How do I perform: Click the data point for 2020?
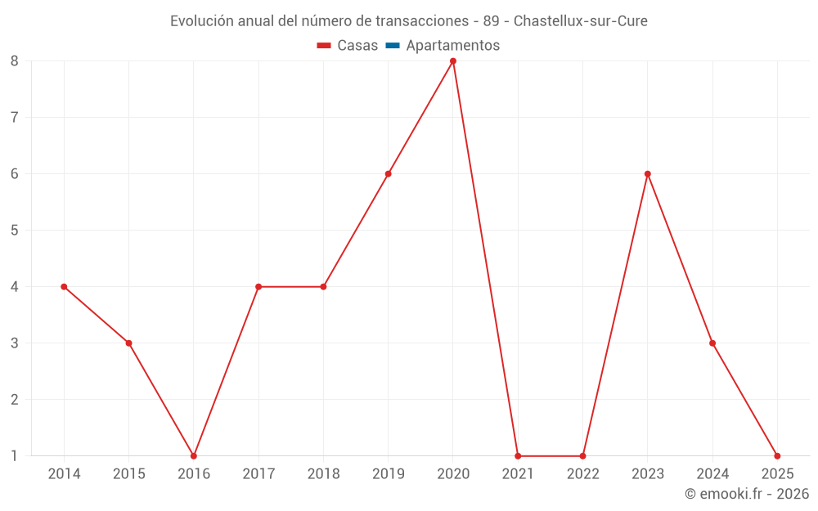pos(453,61)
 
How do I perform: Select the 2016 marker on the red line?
pos(194,455)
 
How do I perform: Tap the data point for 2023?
pos(648,173)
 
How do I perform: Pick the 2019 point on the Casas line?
pos(389,173)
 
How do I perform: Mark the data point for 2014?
pos(64,286)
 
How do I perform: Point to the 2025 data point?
pos(777,455)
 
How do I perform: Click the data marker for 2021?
pos(518,455)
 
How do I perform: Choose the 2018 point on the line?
pos(323,286)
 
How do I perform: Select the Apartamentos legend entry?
pos(452,46)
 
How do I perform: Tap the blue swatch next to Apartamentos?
pos(392,46)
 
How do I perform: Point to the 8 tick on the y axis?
pos(15,61)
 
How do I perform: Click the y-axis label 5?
pos(15,230)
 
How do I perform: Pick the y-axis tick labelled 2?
pos(15,399)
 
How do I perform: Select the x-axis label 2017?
pos(258,473)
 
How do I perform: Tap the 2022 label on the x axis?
pos(582,473)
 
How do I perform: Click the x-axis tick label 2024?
pos(712,473)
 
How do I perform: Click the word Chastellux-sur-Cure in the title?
pos(580,21)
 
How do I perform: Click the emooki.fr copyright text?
pos(747,494)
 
